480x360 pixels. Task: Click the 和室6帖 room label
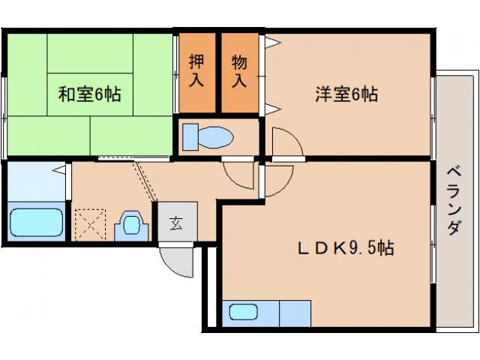90,94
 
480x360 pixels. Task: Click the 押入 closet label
196,70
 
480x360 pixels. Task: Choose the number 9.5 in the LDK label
364,247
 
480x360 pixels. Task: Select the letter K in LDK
337,247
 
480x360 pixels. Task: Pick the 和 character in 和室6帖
66,94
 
